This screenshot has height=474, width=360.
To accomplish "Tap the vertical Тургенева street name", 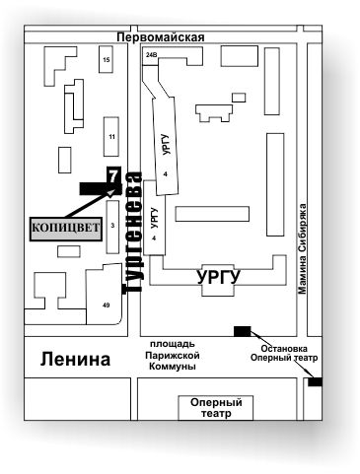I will (x=132, y=233).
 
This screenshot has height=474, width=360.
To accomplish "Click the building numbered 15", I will (x=106, y=62).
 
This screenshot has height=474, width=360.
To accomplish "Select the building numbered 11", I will (x=111, y=136).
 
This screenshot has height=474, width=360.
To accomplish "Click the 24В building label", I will (x=151, y=56).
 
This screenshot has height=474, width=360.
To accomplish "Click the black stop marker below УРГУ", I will (x=242, y=330).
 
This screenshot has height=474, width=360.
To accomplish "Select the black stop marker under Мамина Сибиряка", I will (x=315, y=381).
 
